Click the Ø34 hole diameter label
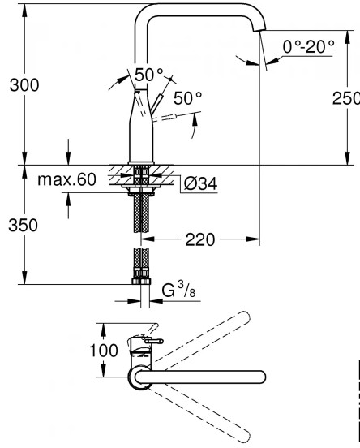[x=195, y=183]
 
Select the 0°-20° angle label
[x=308, y=47]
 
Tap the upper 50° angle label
[x=148, y=75]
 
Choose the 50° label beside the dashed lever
[x=187, y=98]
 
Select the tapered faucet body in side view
[x=142, y=130]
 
